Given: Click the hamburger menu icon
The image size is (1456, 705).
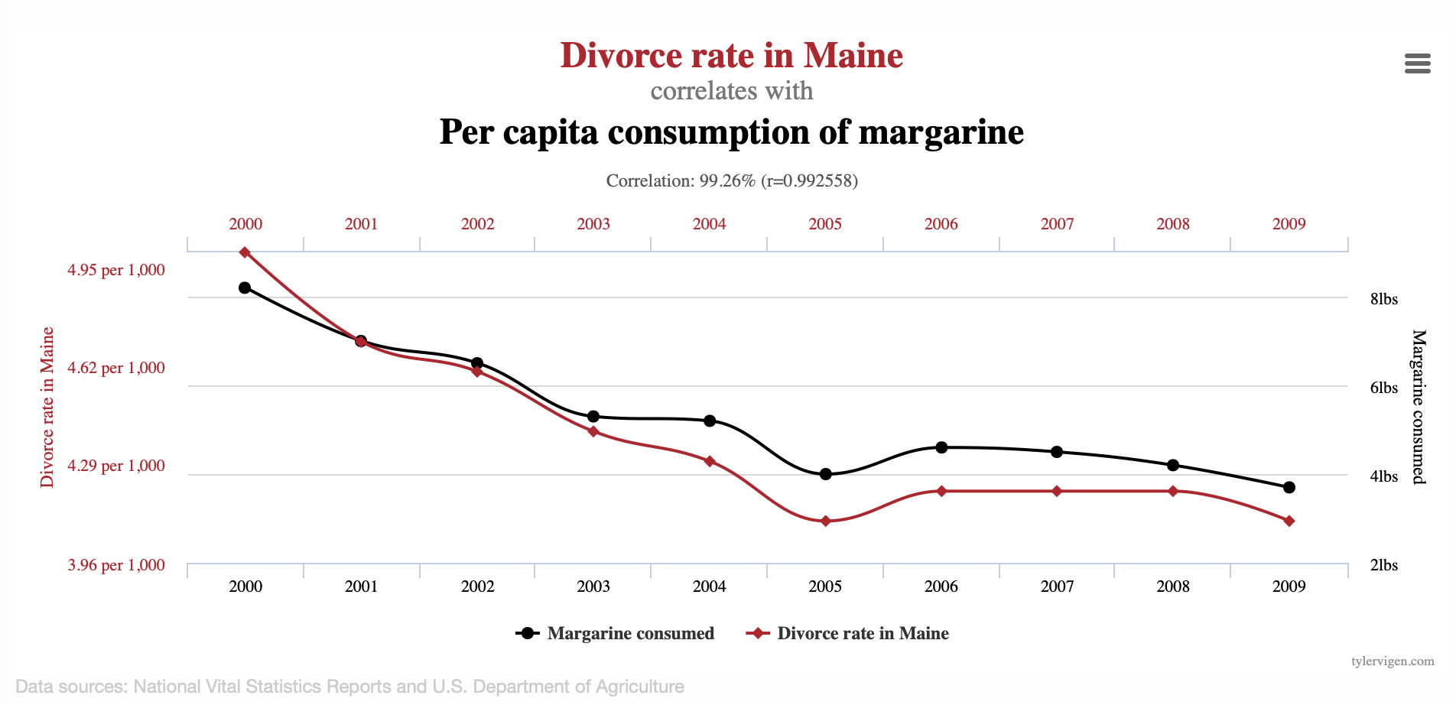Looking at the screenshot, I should (x=1417, y=63).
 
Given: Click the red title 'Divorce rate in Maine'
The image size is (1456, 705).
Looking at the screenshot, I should (x=731, y=56).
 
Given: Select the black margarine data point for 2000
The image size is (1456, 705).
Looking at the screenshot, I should (x=245, y=288).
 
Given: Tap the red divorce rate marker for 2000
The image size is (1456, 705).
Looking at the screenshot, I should (x=245, y=252).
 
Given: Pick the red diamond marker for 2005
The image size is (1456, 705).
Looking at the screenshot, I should (x=825, y=521).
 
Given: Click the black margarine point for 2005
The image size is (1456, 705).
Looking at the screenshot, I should (x=825, y=474).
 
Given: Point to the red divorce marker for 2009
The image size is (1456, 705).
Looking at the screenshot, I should (x=1289, y=521).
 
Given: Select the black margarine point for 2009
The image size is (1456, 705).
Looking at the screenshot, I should (x=1289, y=487).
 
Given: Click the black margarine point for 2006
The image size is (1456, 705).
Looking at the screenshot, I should (x=941, y=447).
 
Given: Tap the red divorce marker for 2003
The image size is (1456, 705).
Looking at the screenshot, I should (x=593, y=432).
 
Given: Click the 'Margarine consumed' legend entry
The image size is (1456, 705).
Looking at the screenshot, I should (x=616, y=633).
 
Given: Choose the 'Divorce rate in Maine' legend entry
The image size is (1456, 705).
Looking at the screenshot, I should (x=848, y=633).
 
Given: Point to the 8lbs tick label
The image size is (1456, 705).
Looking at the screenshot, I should (x=1383, y=299).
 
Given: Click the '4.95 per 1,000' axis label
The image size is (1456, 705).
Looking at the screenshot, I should (x=116, y=270).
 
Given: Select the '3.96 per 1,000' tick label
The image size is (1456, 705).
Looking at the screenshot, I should (x=116, y=565).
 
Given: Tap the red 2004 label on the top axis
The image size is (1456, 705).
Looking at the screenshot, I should (x=709, y=224).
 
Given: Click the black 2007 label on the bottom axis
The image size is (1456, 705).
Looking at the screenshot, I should (x=1057, y=586).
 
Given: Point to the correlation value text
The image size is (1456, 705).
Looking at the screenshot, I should (x=731, y=180).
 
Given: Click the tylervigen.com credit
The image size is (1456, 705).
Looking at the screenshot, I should (x=1393, y=661).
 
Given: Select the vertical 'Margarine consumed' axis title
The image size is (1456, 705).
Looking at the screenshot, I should (x=1419, y=406).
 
